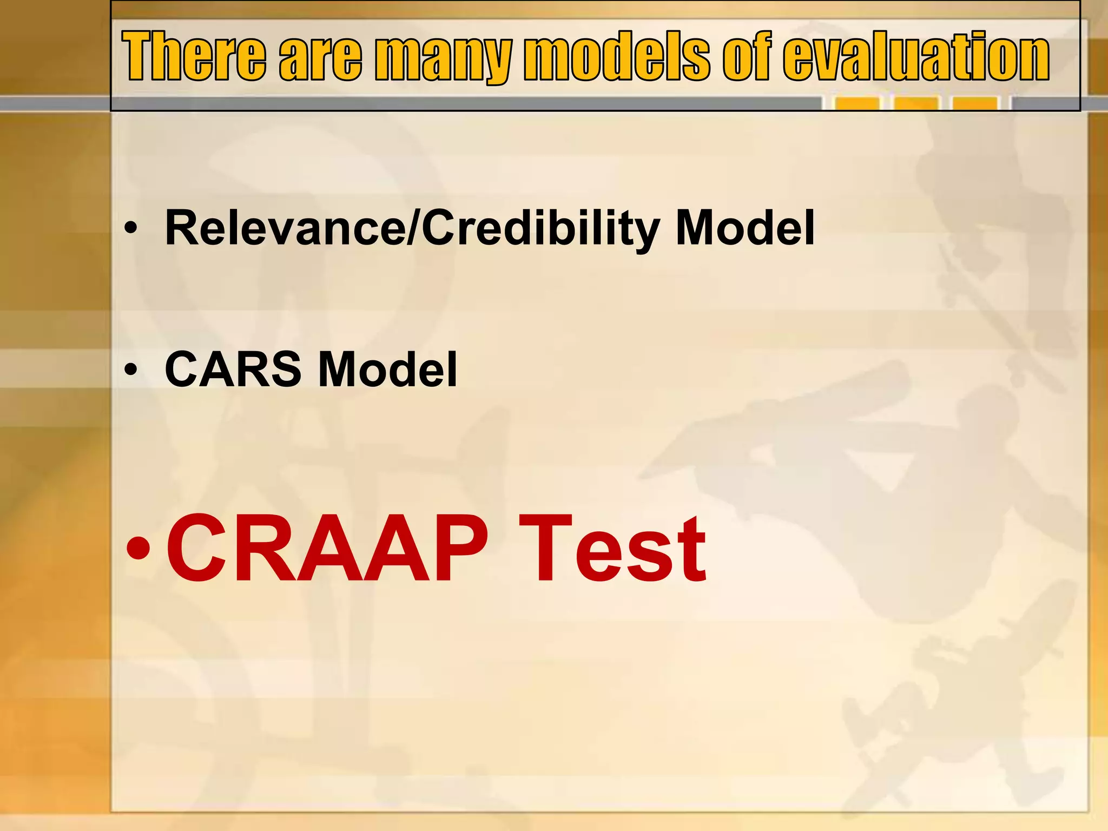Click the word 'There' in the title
click(194, 56)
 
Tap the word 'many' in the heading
click(443, 57)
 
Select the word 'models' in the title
click(616, 56)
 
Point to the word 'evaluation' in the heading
click(915, 56)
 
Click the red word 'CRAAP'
click(327, 549)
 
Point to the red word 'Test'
click(612, 549)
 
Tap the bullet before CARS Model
click(130, 370)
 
